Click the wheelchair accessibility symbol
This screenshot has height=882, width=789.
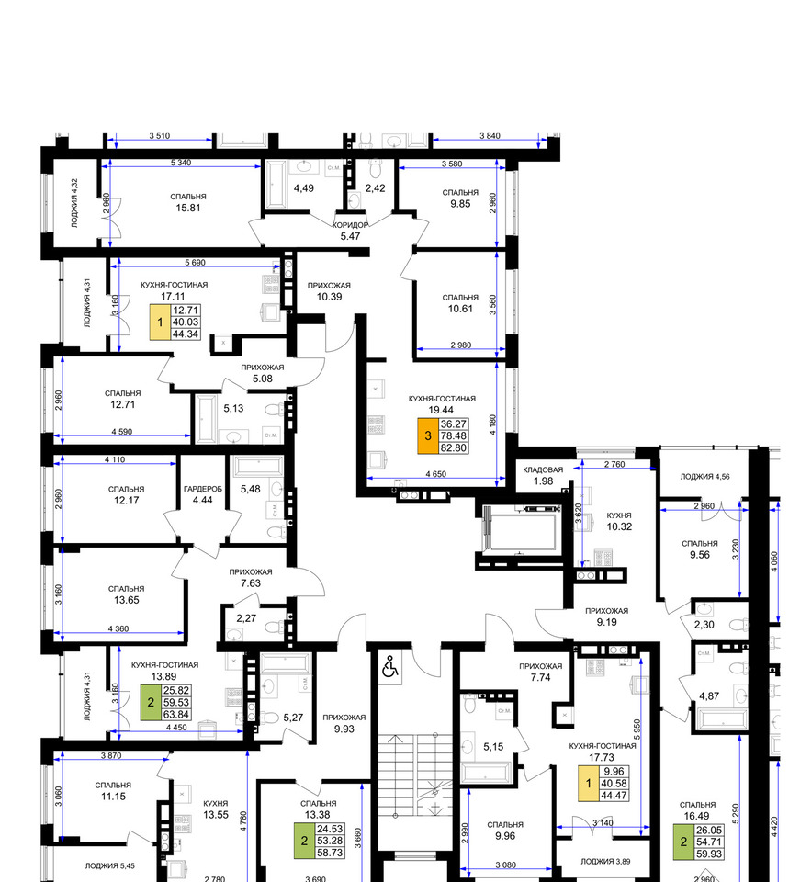tap(390, 667)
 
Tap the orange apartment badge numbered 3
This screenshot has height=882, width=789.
tap(428, 435)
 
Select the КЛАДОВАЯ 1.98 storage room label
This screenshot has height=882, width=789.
tap(543, 475)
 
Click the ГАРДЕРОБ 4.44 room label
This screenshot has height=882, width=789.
tap(202, 494)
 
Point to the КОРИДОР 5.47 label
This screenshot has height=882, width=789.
tap(350, 231)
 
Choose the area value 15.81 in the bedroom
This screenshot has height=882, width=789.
tap(187, 208)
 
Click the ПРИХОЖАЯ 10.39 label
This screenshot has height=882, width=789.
tap(329, 291)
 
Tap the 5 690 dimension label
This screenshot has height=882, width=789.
tap(195, 262)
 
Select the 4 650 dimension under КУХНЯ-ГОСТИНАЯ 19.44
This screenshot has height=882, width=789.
tap(436, 474)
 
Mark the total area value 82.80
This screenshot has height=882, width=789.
tap(453, 447)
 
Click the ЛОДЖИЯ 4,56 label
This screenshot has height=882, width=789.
tap(705, 477)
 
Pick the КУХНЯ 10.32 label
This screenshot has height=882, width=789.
tap(619, 522)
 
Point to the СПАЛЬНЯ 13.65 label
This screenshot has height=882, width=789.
tap(127, 594)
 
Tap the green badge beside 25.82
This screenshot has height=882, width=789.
tap(151, 703)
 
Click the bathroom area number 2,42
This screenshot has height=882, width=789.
tap(375, 188)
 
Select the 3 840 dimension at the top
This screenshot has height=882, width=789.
tap(490, 136)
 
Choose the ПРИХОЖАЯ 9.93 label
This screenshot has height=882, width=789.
tap(344, 723)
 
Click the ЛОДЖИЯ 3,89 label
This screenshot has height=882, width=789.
tap(605, 861)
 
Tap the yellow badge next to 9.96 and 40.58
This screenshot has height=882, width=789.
tap(589, 784)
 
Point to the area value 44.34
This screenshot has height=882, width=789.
tap(186, 334)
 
